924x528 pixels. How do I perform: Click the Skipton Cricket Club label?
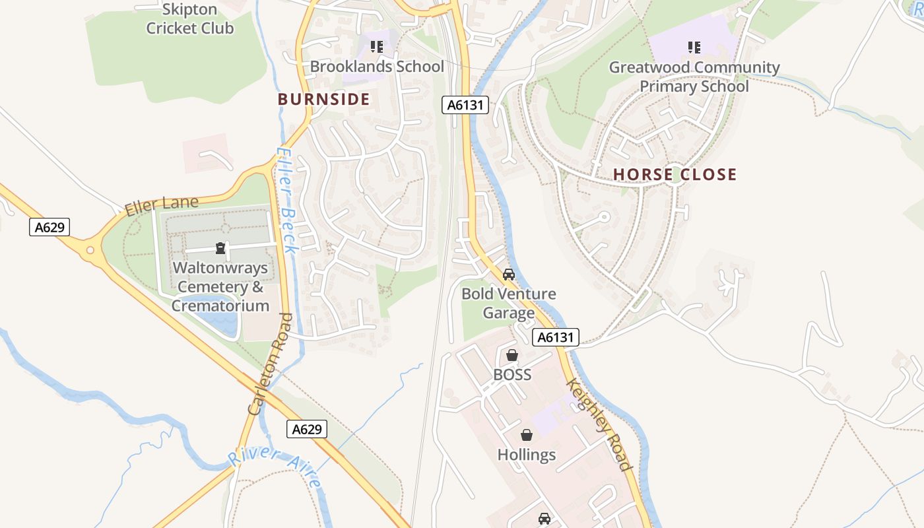click(x=189, y=19)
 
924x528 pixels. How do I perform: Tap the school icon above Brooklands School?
click(x=377, y=47)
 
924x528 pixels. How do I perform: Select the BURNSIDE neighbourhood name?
click(x=323, y=100)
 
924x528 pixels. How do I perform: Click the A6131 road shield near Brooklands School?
click(x=465, y=104)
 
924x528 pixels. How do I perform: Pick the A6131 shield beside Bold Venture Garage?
click(x=556, y=337)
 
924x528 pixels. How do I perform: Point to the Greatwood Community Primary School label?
click(x=694, y=77)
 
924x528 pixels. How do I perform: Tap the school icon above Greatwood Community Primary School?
click(x=694, y=47)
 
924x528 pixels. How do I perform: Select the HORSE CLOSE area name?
click(x=675, y=175)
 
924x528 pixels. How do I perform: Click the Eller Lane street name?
click(x=162, y=206)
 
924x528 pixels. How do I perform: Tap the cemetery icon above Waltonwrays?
click(x=220, y=249)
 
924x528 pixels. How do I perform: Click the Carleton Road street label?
click(x=270, y=364)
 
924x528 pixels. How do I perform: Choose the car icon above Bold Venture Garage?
click(x=508, y=274)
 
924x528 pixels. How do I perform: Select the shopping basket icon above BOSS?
click(x=512, y=355)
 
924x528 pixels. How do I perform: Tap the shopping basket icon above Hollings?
click(x=527, y=435)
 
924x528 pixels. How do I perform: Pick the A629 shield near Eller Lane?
click(x=49, y=228)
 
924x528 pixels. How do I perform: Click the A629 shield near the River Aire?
click(x=308, y=429)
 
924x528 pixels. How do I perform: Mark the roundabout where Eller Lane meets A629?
click(x=90, y=250)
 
